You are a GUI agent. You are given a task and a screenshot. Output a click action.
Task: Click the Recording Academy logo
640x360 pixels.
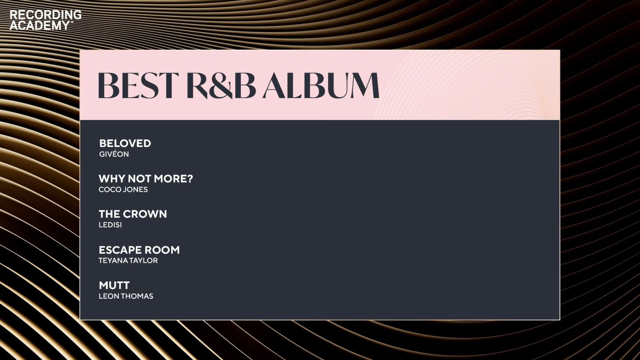tap(46, 20)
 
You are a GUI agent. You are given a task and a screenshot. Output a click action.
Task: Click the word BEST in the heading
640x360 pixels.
tap(138, 86)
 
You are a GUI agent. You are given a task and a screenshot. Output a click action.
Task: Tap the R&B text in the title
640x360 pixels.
tap(222, 86)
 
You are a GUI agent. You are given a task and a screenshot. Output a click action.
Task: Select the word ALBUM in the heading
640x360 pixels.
tap(321, 86)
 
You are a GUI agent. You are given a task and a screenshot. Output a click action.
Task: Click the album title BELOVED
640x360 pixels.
tap(125, 143)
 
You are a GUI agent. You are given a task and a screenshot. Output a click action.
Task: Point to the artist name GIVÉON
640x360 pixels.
tap(114, 154)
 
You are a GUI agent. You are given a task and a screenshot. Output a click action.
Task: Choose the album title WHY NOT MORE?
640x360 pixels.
tap(146, 178)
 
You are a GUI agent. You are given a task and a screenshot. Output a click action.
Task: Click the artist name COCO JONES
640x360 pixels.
tap(123, 190)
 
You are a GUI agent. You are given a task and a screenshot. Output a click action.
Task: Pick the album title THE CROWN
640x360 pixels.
tap(133, 214)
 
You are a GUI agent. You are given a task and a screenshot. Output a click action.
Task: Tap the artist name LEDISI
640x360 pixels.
tap(110, 225)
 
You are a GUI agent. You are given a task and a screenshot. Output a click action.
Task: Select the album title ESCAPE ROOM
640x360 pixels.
tap(139, 250)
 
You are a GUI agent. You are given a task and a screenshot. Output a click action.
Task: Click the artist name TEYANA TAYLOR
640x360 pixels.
tap(128, 260)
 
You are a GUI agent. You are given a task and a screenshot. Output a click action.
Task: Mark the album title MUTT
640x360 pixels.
tap(114, 285)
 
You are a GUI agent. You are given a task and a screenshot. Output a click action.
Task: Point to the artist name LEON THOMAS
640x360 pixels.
tap(126, 296)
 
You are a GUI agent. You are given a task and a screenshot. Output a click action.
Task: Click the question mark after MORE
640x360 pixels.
tap(190, 178)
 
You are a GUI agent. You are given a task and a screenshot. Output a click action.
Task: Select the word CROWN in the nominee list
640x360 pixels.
tap(148, 214)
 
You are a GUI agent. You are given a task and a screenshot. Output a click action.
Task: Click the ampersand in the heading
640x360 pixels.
tap(221, 86)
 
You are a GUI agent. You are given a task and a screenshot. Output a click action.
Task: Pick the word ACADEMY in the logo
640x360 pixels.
tap(40, 26)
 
